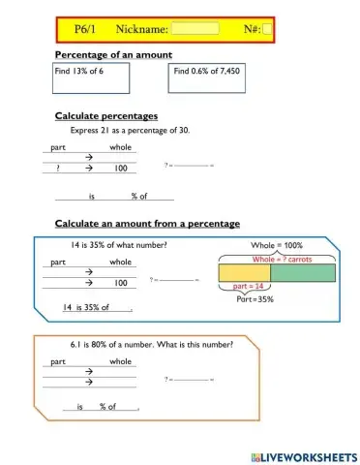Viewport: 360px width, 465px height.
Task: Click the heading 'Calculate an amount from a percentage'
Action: point(147,224)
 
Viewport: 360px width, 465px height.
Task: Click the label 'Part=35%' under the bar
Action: point(255,299)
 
